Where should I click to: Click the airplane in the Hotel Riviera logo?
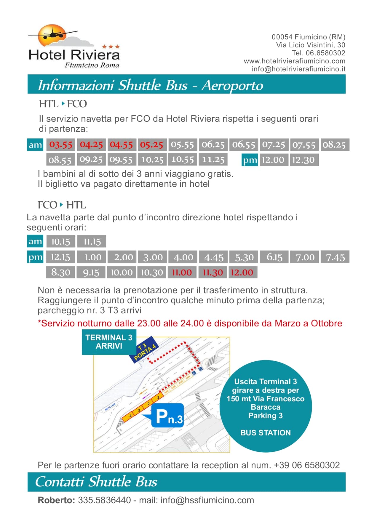(53, 33)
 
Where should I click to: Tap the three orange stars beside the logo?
(111, 47)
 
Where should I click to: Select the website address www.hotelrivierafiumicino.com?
(294, 61)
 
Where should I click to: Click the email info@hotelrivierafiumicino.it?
(298, 69)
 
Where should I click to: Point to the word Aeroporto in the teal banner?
(232, 85)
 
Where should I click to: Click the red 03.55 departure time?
(61, 145)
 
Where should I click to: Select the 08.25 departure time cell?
(334, 145)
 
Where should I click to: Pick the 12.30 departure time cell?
(303, 160)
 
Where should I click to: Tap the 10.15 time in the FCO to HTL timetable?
(61, 241)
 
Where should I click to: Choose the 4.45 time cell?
(214, 257)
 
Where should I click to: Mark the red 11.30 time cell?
(213, 272)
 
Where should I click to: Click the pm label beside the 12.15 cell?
(35, 257)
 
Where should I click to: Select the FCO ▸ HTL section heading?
(62, 205)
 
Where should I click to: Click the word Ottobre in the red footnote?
(326, 323)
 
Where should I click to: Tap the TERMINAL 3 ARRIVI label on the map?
(109, 342)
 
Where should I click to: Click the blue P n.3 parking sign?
(168, 416)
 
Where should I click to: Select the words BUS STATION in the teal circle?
(266, 433)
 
